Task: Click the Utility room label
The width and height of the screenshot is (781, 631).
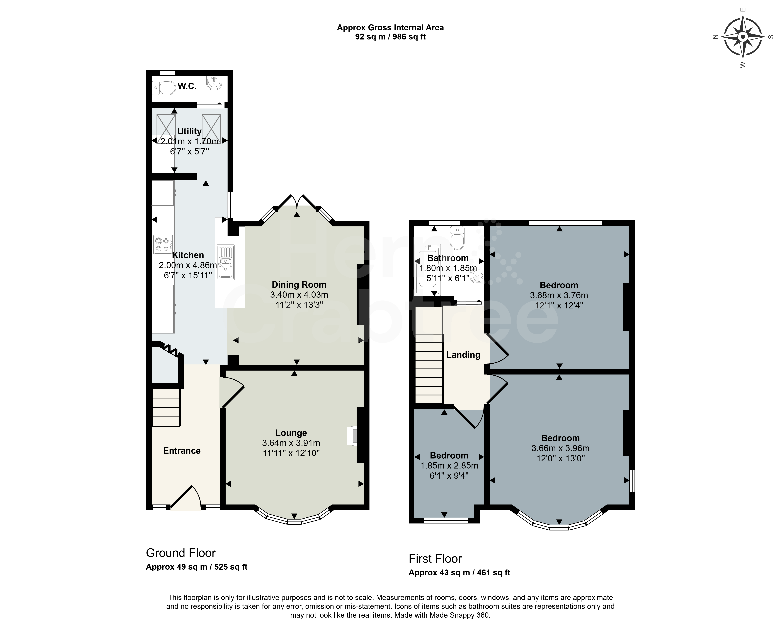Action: click(189, 131)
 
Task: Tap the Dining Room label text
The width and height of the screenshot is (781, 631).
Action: click(299, 285)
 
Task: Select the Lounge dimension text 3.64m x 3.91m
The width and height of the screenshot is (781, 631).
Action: click(291, 443)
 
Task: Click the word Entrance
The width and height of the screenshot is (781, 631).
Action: click(182, 451)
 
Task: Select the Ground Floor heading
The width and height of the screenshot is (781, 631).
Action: click(181, 553)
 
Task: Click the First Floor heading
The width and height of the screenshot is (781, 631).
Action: click(435, 559)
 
